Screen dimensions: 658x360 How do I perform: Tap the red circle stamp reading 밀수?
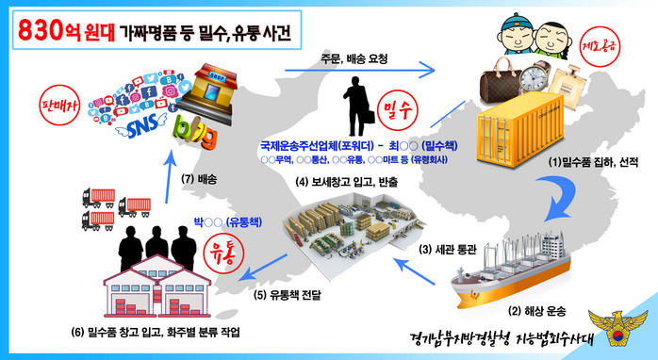point(398,111)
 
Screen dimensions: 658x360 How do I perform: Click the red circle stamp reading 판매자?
point(59,105)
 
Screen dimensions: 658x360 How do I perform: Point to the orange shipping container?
point(519,130)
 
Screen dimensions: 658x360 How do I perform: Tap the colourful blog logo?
point(195,132)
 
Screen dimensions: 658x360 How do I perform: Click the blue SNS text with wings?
point(141,125)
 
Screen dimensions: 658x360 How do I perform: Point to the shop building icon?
point(207,94)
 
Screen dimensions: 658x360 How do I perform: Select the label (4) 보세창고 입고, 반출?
point(347,182)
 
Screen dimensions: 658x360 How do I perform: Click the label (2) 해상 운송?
point(536,311)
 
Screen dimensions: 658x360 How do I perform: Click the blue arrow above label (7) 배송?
point(169,176)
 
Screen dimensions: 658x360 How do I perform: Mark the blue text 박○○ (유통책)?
point(227,222)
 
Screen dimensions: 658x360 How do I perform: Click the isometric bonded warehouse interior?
point(354,234)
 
